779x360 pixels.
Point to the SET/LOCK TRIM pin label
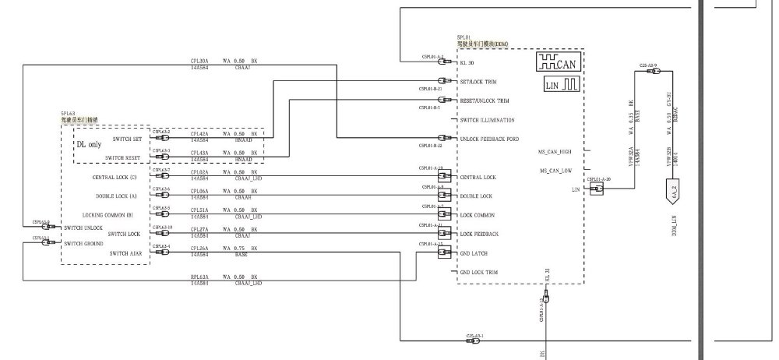478,82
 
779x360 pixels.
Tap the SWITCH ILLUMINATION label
487,120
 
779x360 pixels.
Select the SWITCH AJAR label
125,253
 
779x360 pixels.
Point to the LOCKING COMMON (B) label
108,215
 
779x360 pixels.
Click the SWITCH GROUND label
84,244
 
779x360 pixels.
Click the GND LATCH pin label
474,253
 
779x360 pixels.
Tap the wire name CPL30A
199,60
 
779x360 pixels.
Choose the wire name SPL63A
199,277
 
